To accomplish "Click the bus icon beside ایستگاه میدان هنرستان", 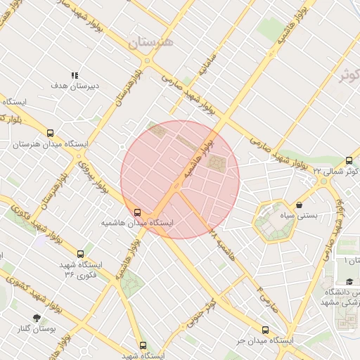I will pyautogui.click(x=50, y=133).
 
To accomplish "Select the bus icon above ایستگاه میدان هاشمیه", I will pyautogui.click(x=137, y=212).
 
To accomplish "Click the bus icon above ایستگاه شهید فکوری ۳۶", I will pyautogui.click(x=81, y=254).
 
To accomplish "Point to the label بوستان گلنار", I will pyautogui.click(x=37, y=328).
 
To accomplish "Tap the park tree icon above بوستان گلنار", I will pyautogui.click(x=37, y=317).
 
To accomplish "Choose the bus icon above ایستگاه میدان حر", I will pyautogui.click(x=265, y=330).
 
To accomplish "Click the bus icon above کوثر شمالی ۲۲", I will pyautogui.click(x=349, y=160).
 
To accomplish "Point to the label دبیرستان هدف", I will pyautogui.click(x=69, y=85).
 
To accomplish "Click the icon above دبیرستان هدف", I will pyautogui.click(x=75, y=75).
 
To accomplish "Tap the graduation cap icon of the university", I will pyautogui.click(x=349, y=281).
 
